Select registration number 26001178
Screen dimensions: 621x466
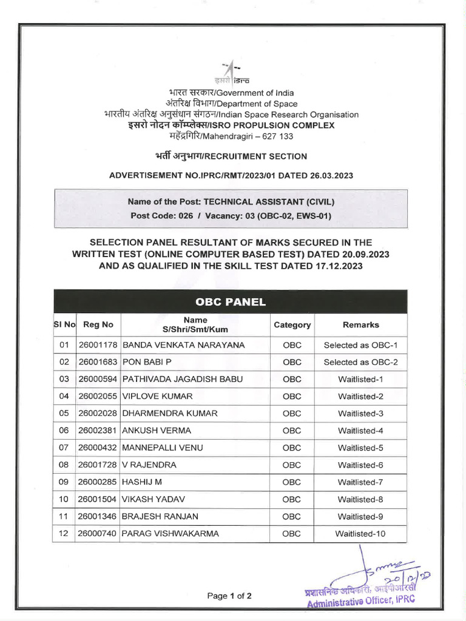tap(98, 345)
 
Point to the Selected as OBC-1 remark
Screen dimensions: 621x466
tap(360, 345)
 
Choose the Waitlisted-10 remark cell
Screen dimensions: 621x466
tap(360, 534)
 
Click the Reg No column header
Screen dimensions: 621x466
tap(98, 324)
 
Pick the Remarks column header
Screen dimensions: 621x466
tap(360, 324)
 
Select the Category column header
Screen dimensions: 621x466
tap(292, 324)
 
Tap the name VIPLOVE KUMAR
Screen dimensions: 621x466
tap(158, 396)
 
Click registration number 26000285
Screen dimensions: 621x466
tap(98, 482)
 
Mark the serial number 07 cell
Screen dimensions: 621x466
tap(65, 448)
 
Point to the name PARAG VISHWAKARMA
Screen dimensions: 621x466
tap(171, 534)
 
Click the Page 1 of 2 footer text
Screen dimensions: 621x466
tap(229, 596)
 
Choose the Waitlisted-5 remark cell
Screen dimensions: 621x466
tap(360, 448)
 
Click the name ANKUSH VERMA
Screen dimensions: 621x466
tap(157, 431)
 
